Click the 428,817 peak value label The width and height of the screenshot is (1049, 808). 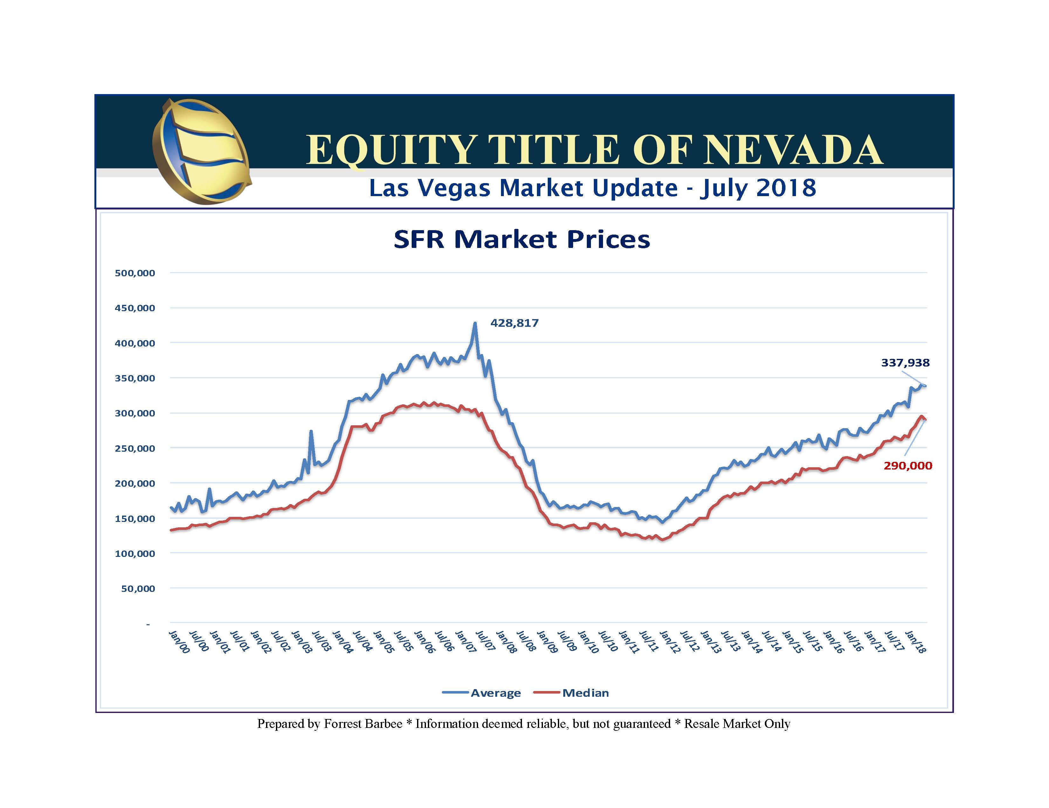tap(514, 323)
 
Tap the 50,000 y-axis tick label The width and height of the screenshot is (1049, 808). tap(138, 588)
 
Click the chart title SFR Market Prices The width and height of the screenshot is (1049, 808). tap(522, 239)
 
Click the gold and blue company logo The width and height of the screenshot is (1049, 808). tap(201, 151)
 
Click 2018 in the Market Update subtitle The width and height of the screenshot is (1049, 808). tap(786, 187)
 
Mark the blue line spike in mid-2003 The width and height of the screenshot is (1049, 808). tap(311, 431)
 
